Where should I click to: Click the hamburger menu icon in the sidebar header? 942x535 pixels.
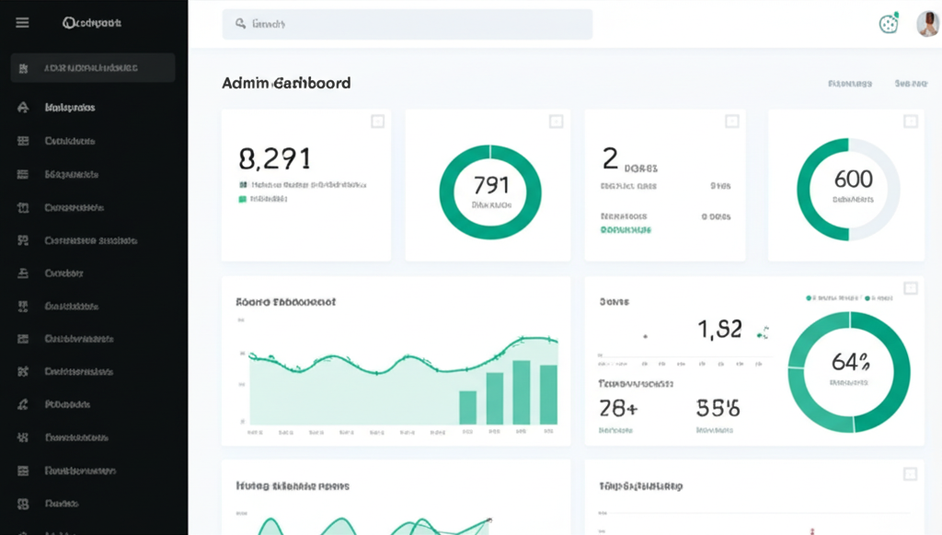click(x=22, y=23)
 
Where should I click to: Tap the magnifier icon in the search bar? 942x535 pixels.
click(x=240, y=25)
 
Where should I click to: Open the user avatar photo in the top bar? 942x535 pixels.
click(x=927, y=25)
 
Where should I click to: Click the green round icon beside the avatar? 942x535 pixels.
click(x=888, y=25)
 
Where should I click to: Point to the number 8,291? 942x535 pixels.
click(x=274, y=159)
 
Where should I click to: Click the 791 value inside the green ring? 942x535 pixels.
click(x=489, y=184)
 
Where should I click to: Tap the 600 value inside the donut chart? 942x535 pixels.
click(x=853, y=179)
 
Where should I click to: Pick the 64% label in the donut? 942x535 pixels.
click(x=850, y=361)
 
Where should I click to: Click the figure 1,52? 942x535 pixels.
click(x=719, y=329)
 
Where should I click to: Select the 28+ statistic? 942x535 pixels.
click(x=618, y=407)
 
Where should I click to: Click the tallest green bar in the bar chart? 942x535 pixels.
click(x=522, y=392)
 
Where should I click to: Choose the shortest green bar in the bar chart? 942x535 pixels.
click(x=467, y=407)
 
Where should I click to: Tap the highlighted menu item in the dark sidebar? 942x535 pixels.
click(x=92, y=68)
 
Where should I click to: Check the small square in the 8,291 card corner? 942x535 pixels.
click(x=377, y=122)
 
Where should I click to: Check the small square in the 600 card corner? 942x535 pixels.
click(x=910, y=122)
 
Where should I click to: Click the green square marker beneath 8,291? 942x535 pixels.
click(x=243, y=198)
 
